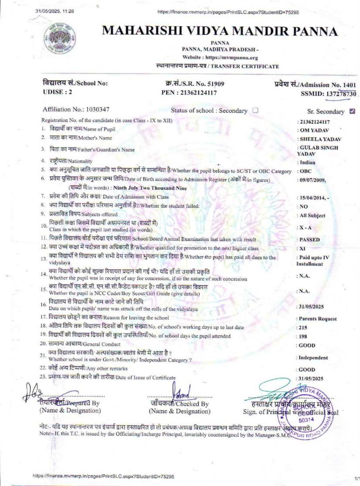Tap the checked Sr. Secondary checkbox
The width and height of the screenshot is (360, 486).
(x=352, y=111)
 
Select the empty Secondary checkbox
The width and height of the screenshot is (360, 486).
(x=255, y=110)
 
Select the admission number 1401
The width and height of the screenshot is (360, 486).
(x=349, y=85)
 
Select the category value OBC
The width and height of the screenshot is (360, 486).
(x=306, y=171)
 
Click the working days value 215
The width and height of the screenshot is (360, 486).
(x=303, y=328)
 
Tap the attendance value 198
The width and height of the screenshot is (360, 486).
(x=303, y=336)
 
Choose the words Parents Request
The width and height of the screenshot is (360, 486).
(x=318, y=319)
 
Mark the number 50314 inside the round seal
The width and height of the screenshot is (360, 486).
(x=306, y=419)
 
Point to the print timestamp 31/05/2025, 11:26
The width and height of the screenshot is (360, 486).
(x=55, y=11)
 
